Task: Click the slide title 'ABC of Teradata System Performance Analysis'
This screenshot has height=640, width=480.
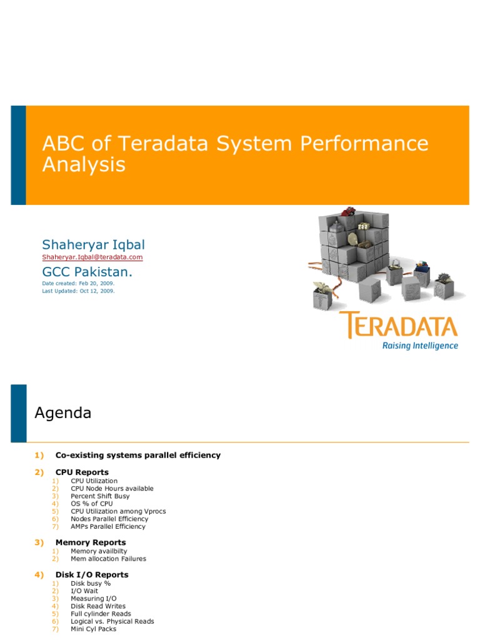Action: coord(235,154)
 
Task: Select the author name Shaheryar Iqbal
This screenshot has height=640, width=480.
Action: coord(94,244)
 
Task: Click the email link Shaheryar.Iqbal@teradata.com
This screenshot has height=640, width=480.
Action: coord(92,257)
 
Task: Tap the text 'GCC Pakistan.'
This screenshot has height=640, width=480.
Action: coord(87,272)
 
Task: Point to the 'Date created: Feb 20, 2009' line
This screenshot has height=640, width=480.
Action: coord(78,283)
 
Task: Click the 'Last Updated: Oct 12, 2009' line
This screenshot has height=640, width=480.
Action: coord(79,291)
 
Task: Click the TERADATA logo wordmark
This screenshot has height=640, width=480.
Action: coord(399,326)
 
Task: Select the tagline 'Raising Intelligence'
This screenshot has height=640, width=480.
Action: coord(420,346)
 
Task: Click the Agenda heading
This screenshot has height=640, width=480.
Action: coord(62,413)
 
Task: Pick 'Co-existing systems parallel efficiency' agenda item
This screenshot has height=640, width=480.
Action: coord(137,455)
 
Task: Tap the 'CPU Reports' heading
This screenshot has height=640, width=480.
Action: coord(82,472)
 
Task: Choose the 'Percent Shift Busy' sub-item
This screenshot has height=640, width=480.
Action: coord(100,496)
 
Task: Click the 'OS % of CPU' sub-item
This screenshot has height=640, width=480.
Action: coord(92,504)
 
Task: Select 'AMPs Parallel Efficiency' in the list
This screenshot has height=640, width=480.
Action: coord(108,526)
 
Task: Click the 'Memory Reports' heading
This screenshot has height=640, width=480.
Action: coord(90,542)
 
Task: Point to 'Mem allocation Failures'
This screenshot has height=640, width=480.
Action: coord(108,559)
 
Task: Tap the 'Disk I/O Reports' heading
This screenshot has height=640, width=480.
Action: coord(92,574)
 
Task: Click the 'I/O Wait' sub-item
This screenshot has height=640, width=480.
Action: coord(84,591)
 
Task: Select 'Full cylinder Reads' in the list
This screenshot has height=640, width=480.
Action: coord(101,614)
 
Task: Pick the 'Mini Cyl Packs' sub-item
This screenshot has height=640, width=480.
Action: coord(93,629)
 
